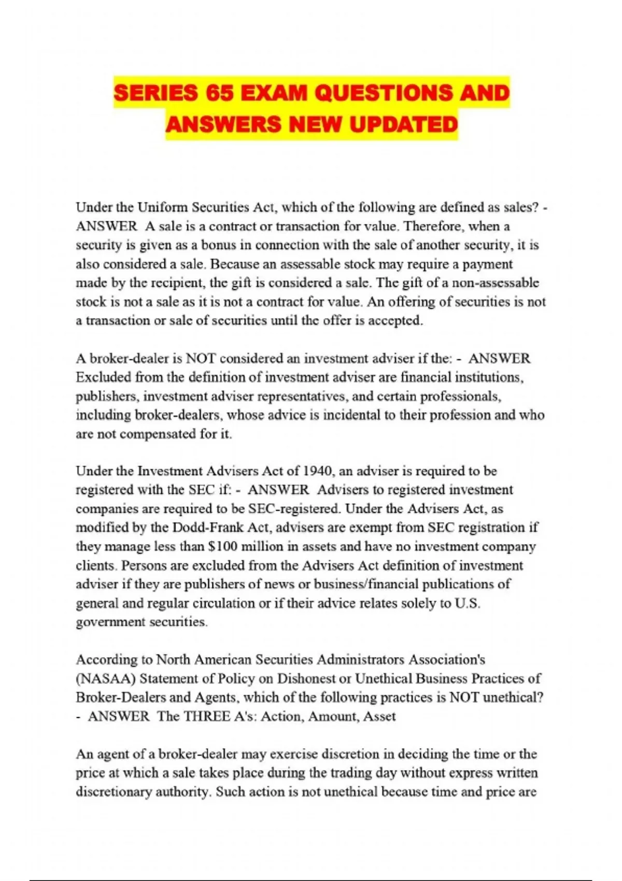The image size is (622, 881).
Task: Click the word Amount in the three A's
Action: (x=329, y=717)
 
